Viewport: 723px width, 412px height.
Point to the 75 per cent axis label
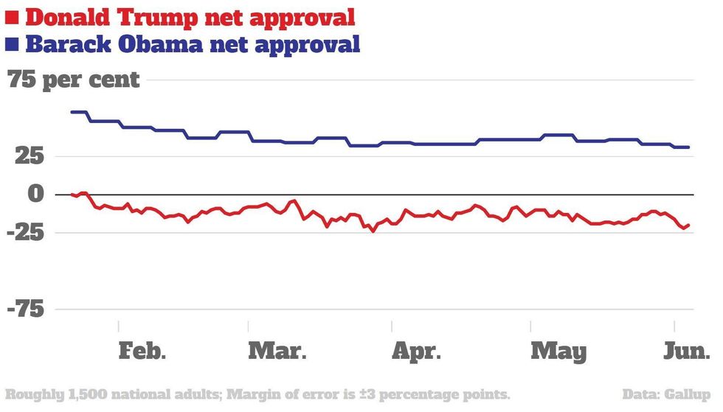point(74,79)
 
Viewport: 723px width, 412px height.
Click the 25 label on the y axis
point(26,156)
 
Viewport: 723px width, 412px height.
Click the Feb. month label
point(142,351)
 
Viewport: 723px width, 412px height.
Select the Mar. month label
point(277,351)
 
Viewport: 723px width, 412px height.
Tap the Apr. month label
point(416,351)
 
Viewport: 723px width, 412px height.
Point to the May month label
point(558,351)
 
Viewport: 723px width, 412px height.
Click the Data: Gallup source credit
point(666,394)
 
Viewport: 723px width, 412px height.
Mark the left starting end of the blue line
point(72,112)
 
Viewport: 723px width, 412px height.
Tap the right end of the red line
point(689,225)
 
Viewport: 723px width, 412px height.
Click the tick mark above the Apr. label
point(392,325)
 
